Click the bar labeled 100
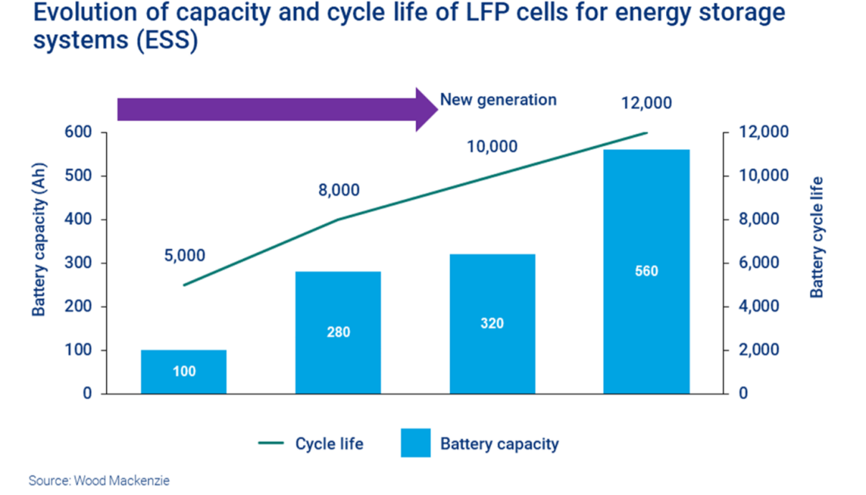[184, 372]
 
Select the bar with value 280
[338, 332]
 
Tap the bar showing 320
[492, 324]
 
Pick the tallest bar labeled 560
[646, 271]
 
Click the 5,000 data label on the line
[184, 256]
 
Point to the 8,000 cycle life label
[339, 191]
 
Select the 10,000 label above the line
[492, 147]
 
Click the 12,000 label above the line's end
[646, 103]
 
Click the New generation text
[498, 100]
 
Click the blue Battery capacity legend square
[416, 443]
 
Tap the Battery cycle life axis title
[817, 237]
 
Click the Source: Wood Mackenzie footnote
[99, 481]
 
